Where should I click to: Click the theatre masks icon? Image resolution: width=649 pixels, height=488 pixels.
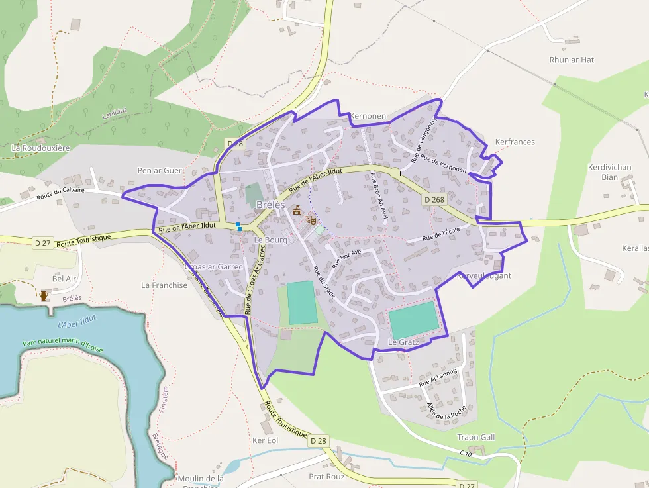tap(311, 220)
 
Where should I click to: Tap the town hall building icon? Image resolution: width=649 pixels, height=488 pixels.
tap(297, 211)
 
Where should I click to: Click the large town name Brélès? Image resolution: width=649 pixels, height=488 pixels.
tap(270, 205)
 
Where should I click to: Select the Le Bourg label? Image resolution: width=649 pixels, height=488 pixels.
tap(271, 240)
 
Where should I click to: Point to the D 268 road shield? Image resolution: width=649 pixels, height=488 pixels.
tap(434, 199)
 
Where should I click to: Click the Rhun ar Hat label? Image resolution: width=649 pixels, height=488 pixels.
tap(572, 60)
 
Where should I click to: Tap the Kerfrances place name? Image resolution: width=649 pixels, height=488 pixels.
tap(515, 142)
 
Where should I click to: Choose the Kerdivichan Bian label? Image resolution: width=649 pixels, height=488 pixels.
tap(610, 172)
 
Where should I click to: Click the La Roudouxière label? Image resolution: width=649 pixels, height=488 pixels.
tap(40, 148)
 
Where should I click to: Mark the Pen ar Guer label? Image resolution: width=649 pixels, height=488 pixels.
tap(159, 170)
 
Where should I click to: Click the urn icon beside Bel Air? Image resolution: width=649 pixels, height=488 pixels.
tap(44, 295)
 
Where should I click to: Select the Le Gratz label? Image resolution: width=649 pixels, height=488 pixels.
tap(404, 342)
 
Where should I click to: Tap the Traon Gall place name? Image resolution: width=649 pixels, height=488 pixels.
tap(476, 437)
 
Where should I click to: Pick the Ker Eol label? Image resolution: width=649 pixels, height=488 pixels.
tap(266, 440)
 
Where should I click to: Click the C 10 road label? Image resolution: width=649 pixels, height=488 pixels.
tap(466, 453)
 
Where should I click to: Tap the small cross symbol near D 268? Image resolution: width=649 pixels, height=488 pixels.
tap(400, 173)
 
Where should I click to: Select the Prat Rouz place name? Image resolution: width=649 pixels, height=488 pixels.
tap(326, 476)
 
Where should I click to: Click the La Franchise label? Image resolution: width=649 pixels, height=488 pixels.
tap(164, 285)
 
